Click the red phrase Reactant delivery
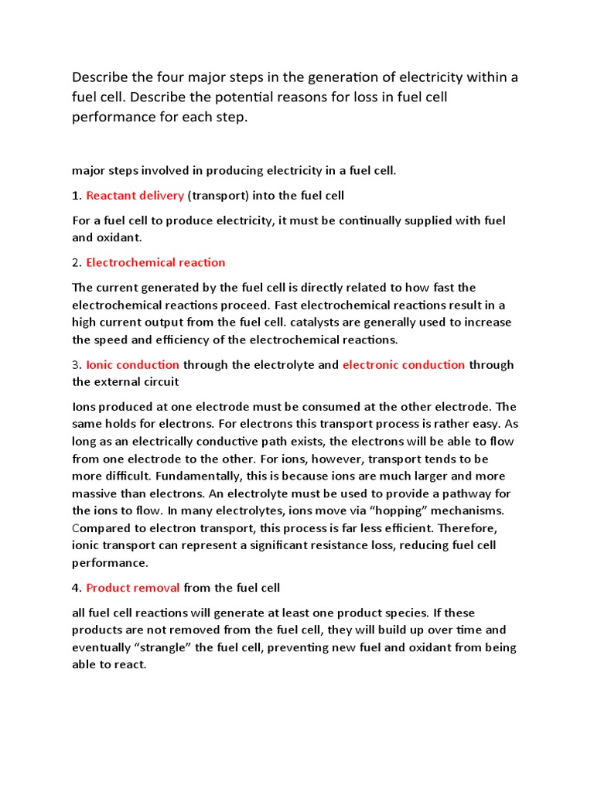pos(135,196)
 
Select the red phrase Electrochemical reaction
pos(155,262)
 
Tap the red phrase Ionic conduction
pos(132,364)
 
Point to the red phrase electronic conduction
pos(404,364)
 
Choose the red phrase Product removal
pos(133,589)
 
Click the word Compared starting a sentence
pos(102,527)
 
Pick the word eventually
pos(102,647)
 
